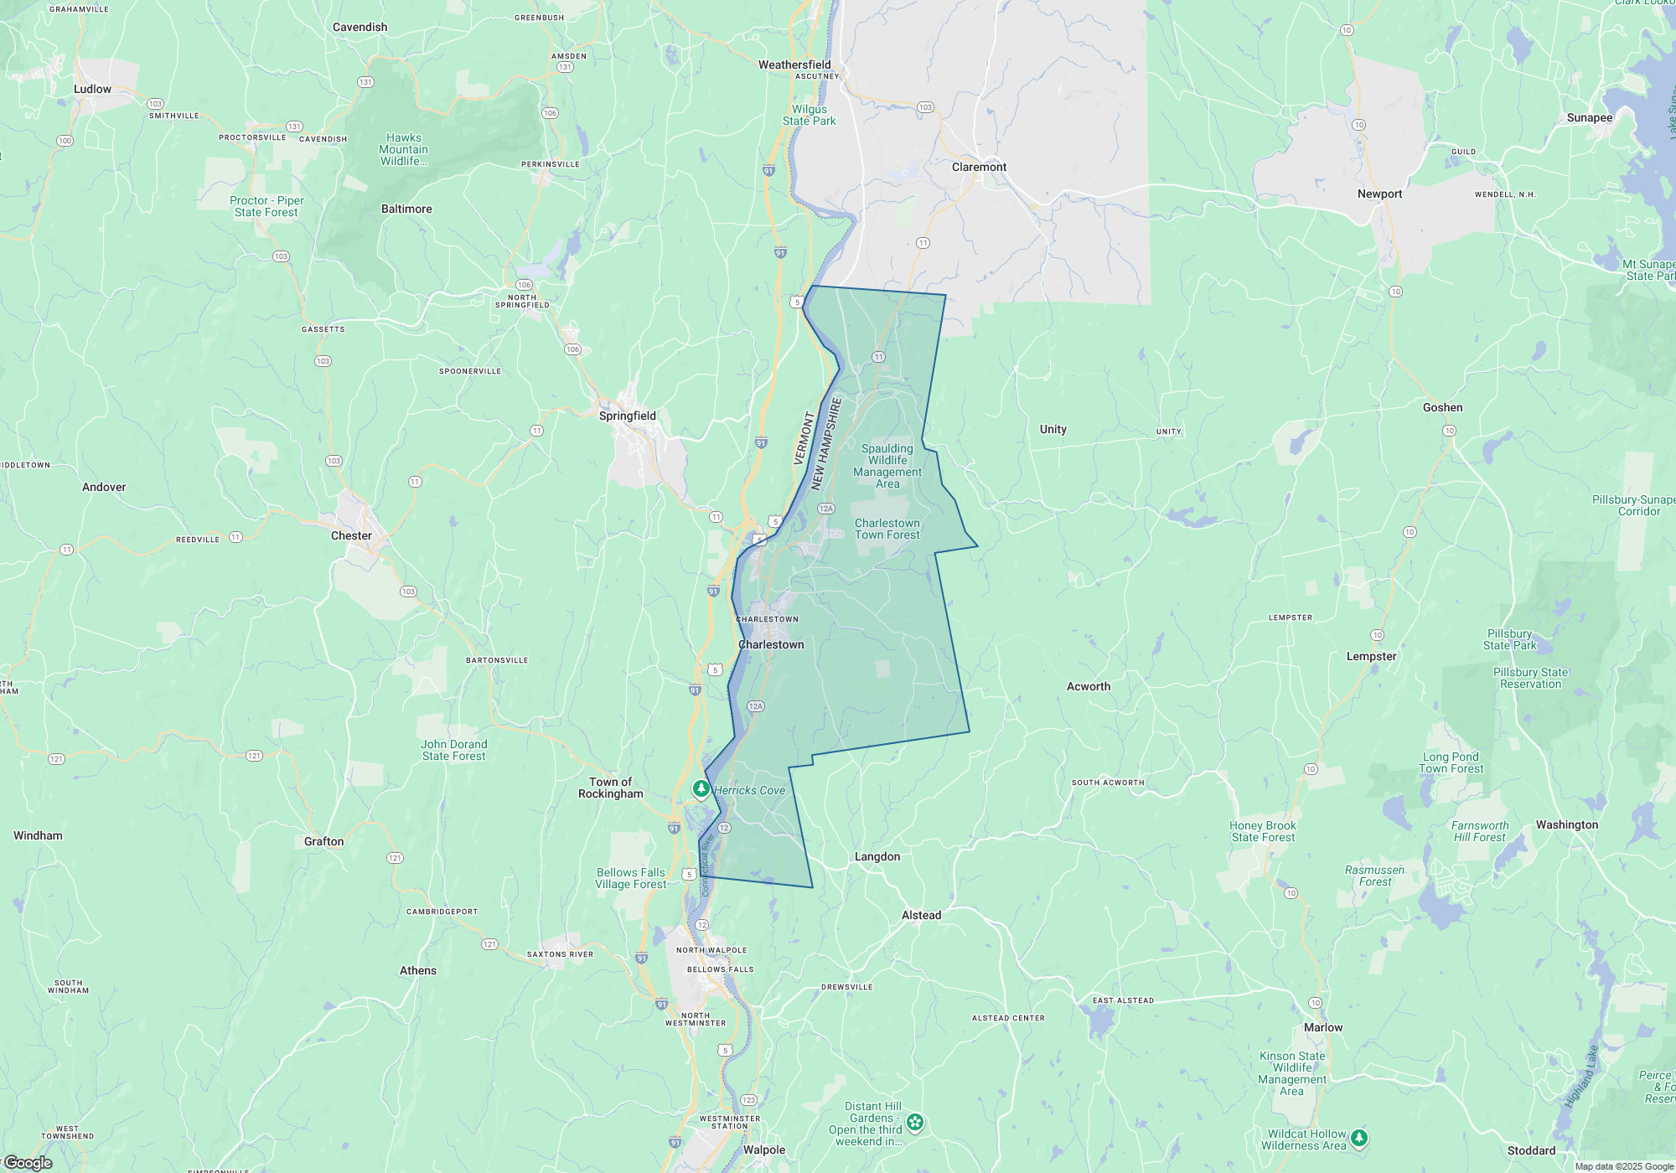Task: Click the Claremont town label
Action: pos(979,167)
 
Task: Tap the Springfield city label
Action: pos(627,416)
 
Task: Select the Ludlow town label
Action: pos(92,89)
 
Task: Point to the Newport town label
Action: pos(1379,194)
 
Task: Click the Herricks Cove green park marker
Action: pos(701,789)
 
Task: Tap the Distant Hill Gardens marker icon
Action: pos(915,1122)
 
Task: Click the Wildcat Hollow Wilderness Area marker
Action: pos(1359,1137)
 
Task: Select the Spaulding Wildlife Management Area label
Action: pos(887,466)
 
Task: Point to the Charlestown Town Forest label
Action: pos(887,529)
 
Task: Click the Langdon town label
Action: pos(877,856)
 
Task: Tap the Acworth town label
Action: pos(1088,686)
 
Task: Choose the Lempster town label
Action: pos(1371,656)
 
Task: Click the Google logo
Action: pos(28,1162)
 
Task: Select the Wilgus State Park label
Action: pos(809,115)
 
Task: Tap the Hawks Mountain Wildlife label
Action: pos(404,149)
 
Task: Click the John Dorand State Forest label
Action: pos(453,750)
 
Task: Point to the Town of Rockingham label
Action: pos(610,788)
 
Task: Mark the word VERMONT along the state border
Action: pos(803,438)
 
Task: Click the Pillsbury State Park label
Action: pos(1509,639)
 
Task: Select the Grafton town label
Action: pos(323,841)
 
